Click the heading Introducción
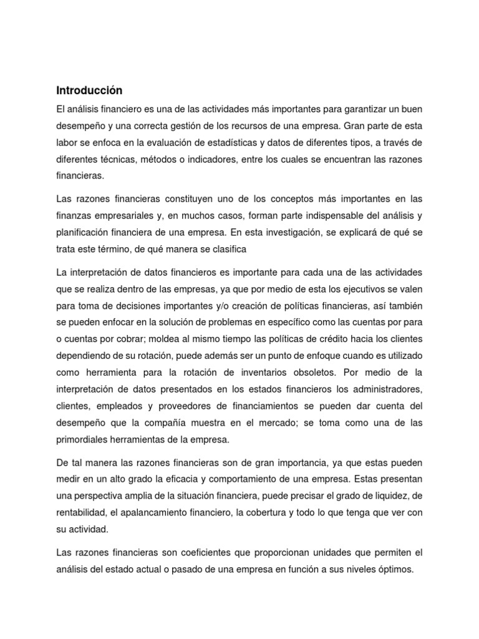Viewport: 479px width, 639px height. coord(90,90)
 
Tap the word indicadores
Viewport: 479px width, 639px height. coord(226,159)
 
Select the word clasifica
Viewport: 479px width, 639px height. coord(228,249)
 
